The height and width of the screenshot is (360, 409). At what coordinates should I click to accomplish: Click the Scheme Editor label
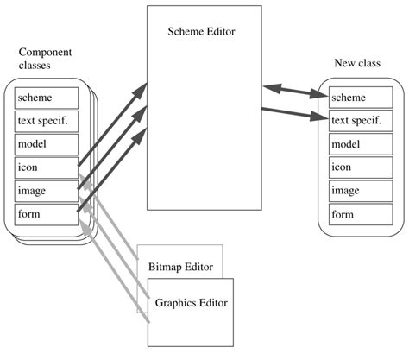point(202,32)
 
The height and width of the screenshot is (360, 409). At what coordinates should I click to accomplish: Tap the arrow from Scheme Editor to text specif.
point(295,111)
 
